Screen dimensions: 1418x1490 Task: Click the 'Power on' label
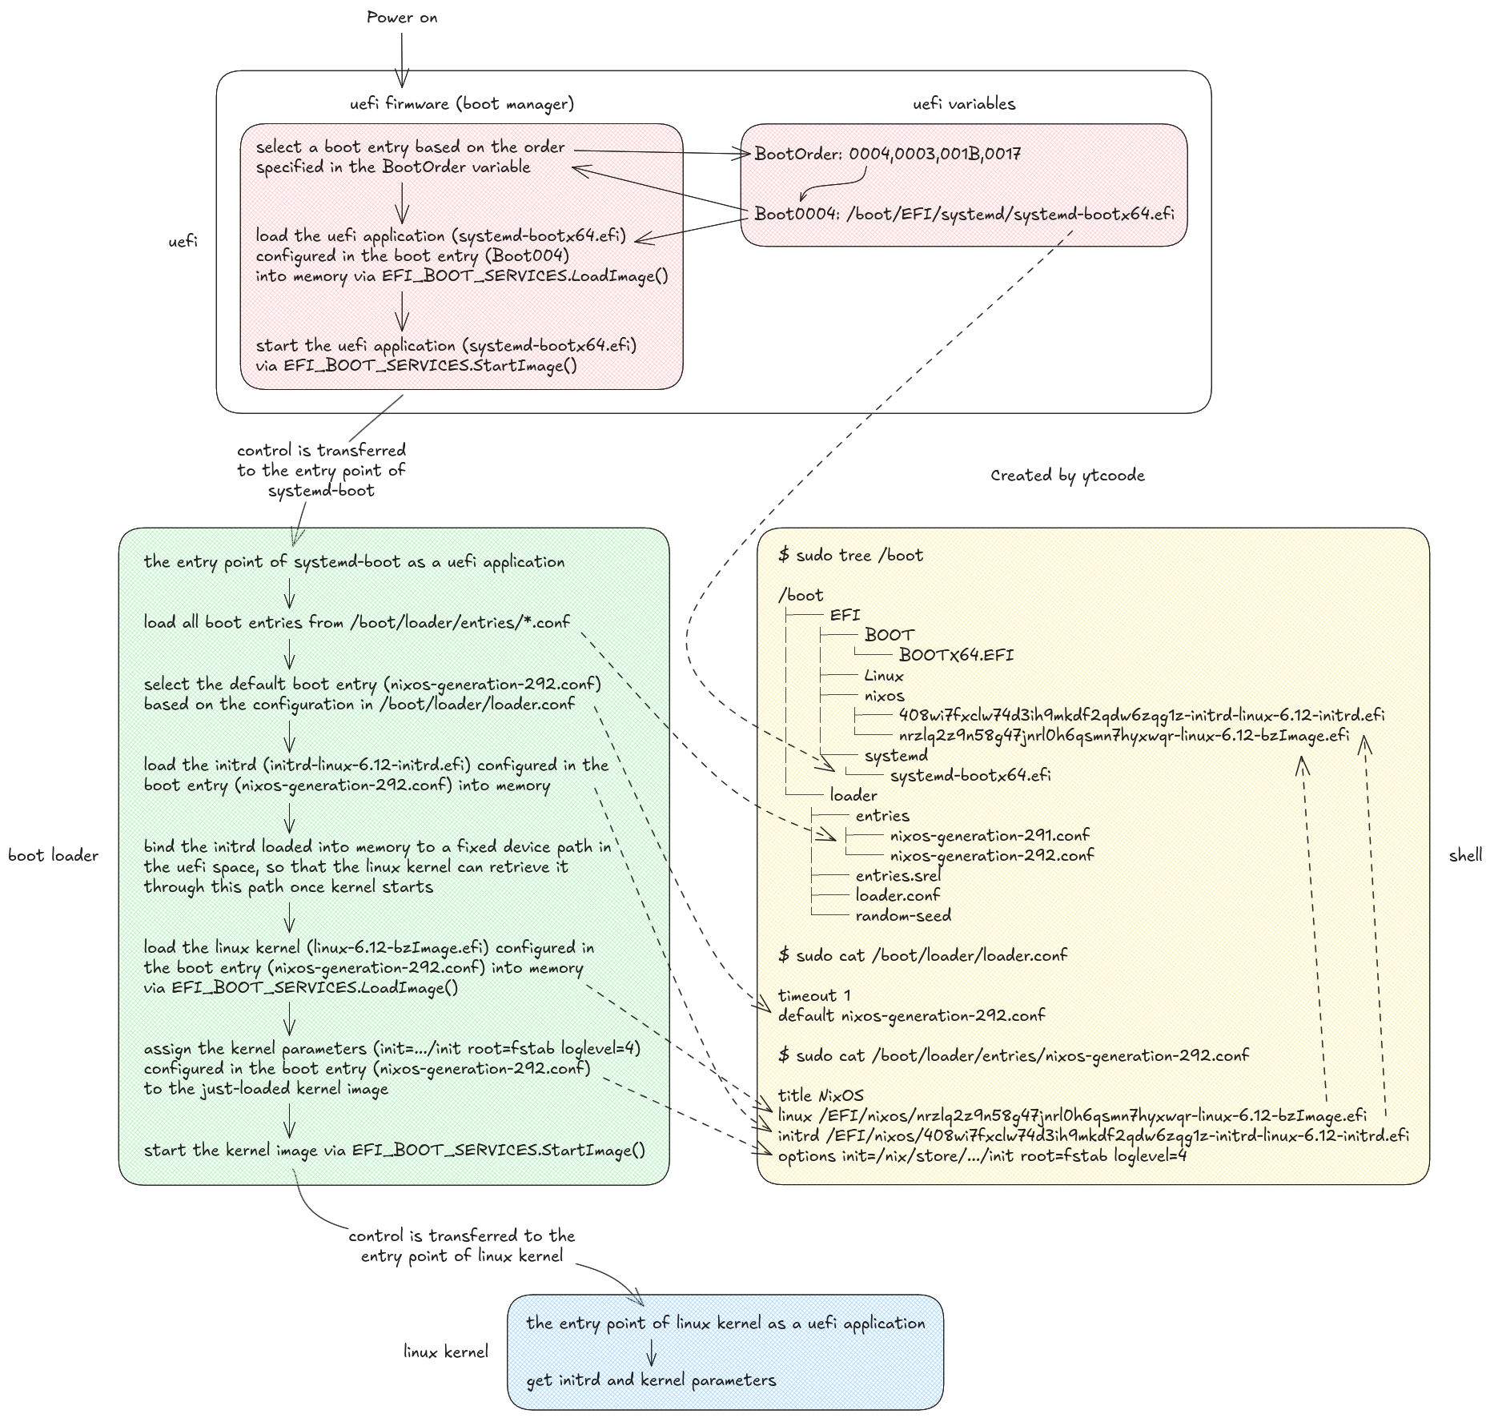tap(402, 18)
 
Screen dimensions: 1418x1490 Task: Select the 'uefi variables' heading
tap(964, 104)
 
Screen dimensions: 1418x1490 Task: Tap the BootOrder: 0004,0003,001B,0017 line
tap(887, 154)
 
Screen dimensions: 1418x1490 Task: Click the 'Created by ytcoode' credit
tap(1067, 476)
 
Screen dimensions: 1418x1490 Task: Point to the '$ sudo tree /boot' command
tap(850, 556)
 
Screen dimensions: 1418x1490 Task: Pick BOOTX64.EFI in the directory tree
tap(956, 655)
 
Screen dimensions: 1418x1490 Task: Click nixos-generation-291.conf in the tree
tap(990, 835)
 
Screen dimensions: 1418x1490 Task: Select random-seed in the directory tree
tap(903, 915)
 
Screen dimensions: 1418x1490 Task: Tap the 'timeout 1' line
tap(813, 996)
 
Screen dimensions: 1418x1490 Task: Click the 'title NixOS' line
tap(821, 1095)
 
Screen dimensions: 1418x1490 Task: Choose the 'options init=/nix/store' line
tap(982, 1155)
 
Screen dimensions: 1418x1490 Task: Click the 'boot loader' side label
tap(53, 856)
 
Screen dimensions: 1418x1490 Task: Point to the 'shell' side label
tap(1465, 856)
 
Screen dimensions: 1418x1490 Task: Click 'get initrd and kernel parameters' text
tap(651, 1380)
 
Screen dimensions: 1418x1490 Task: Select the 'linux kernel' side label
tap(445, 1352)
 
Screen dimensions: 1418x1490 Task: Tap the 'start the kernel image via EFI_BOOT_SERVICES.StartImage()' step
tap(394, 1151)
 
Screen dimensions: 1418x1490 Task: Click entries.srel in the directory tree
tap(898, 875)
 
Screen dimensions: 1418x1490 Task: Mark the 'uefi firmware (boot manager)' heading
tap(462, 104)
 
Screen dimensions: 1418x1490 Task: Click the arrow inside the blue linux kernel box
tap(652, 1352)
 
